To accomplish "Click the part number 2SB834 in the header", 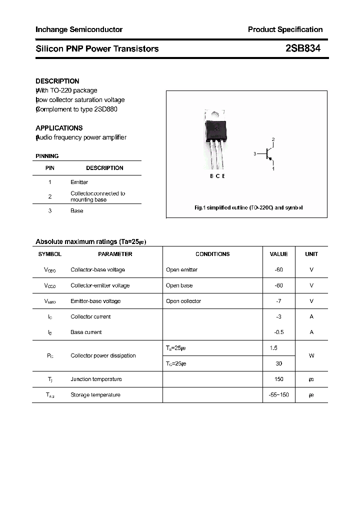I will [303, 48].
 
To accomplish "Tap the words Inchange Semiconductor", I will [79, 29].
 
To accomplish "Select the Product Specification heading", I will [285, 29].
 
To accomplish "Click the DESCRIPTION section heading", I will [57, 81].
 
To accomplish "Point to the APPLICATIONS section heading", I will [59, 128].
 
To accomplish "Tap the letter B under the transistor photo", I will [212, 176].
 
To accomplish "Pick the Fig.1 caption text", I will [248, 207].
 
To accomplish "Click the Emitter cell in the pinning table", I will [79, 182].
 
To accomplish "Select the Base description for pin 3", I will [77, 211].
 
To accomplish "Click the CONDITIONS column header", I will [212, 254].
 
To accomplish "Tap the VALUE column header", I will [278, 254].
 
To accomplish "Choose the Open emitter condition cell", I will [182, 270].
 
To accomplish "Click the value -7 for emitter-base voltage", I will [278, 301].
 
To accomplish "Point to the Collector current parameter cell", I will [90, 316].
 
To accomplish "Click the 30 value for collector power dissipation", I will [278, 363].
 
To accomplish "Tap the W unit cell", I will [311, 355].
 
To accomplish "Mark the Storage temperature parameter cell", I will [95, 395].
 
